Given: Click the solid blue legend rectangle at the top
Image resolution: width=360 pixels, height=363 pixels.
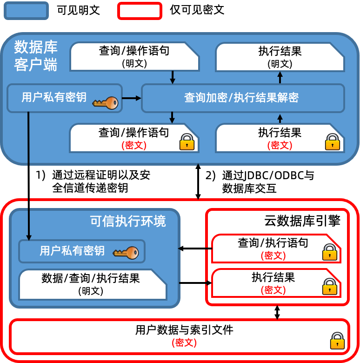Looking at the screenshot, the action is tap(26, 11).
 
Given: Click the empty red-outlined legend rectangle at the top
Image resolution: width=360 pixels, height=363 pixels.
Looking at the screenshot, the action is tap(140, 11).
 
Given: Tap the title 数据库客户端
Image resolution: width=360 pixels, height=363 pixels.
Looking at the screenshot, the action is tap(36, 56).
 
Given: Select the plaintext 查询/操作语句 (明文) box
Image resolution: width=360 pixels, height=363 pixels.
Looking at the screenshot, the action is tap(134, 57).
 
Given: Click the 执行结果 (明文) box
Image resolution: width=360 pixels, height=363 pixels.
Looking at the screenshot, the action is tap(280, 57).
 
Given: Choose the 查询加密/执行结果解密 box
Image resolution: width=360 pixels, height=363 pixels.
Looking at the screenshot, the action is tap(242, 98).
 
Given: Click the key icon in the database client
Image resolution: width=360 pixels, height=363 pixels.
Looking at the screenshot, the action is tap(106, 103).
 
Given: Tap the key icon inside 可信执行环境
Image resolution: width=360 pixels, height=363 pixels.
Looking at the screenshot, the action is tap(126, 253).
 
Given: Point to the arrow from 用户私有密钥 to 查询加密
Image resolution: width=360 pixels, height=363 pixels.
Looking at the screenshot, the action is tap(132, 98).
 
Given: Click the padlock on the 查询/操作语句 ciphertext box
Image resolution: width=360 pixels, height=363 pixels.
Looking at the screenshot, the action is tap(187, 142).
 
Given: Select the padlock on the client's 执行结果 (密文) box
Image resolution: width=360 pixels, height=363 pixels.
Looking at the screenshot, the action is tap(333, 142).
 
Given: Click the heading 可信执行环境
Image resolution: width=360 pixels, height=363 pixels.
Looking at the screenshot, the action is tap(128, 221).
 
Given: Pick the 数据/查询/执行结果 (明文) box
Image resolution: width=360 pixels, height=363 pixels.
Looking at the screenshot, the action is tap(92, 284).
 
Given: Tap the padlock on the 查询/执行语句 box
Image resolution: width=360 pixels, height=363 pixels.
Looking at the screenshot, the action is tap(329, 252).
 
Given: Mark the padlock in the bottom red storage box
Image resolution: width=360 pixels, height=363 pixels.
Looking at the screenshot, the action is tap(337, 341).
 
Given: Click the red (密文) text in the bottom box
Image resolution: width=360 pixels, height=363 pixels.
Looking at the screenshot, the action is tap(185, 343).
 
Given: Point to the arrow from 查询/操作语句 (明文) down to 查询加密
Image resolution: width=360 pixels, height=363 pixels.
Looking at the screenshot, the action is tap(173, 77).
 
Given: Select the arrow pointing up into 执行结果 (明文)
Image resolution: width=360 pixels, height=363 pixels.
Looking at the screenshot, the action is tap(280, 77).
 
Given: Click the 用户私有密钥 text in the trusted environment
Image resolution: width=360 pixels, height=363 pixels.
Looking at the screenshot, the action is tap(72, 251).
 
